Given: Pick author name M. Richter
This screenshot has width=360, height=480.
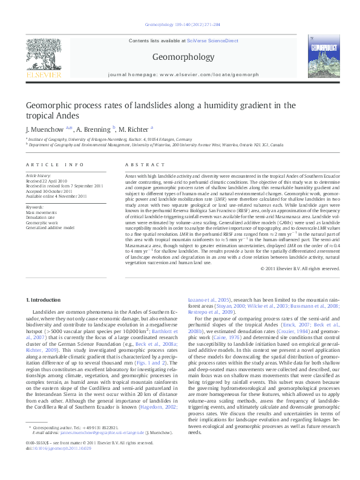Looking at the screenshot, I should (x=133, y=129).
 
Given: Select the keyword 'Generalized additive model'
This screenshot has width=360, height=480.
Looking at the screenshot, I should (x=50, y=228).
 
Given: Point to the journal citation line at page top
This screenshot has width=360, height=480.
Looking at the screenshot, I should (x=179, y=24).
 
